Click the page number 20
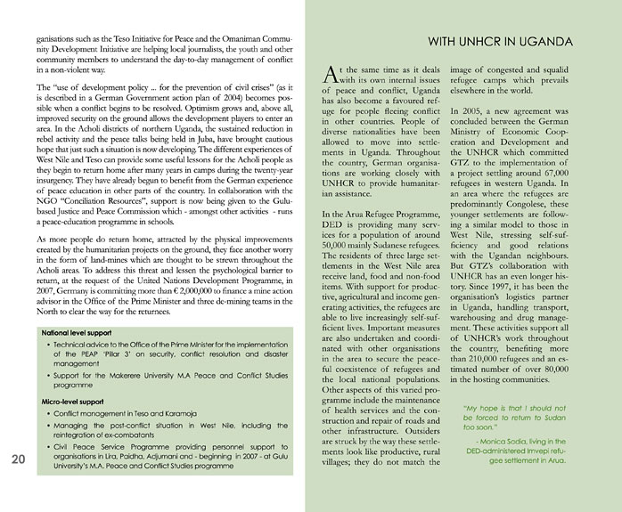tap(19, 460)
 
